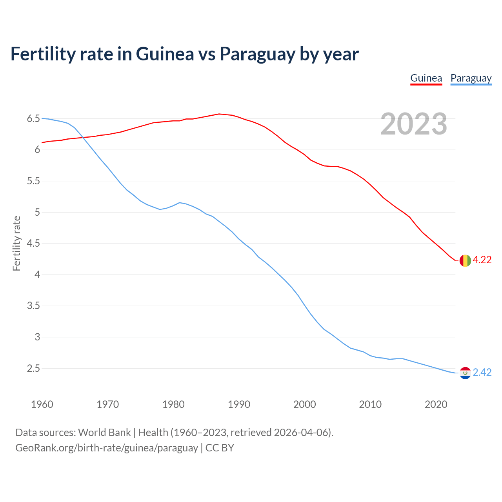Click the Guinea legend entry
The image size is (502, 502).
[426, 78]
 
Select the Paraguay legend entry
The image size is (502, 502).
[471, 78]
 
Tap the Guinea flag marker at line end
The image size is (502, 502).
[465, 260]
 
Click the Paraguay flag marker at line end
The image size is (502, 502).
[465, 373]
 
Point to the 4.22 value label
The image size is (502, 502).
[482, 260]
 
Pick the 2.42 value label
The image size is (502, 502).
[482, 373]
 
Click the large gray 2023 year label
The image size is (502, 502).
[414, 124]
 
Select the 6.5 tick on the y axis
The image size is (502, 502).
[33, 118]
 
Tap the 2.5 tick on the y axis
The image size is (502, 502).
[33, 368]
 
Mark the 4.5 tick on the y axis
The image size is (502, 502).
[33, 244]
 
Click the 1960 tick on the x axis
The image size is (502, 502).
[42, 404]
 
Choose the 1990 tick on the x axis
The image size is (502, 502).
[239, 404]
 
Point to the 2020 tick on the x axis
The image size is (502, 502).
[436, 404]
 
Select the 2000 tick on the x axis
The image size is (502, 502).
[304, 404]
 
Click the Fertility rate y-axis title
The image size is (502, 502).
[16, 243]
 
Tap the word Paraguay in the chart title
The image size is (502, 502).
[257, 54]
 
